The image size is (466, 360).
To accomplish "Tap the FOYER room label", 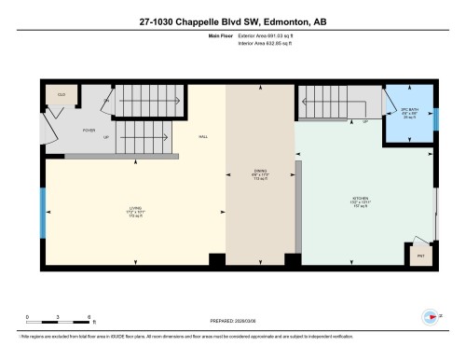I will (89, 131).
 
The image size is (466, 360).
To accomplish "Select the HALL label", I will (202, 136).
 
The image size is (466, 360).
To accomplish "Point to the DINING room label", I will (261, 172).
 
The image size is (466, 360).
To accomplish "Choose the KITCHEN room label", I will (363, 199).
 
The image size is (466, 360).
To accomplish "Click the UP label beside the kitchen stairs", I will (364, 121).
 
